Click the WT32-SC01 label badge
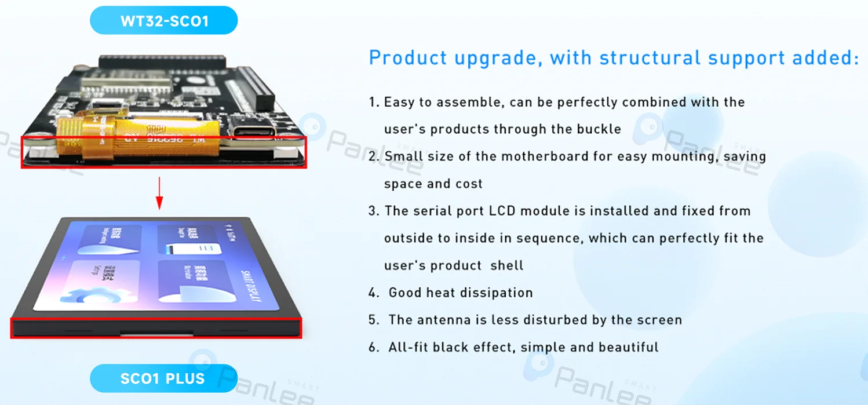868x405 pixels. pyautogui.click(x=164, y=21)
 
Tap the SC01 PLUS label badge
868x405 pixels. pyautogui.click(x=163, y=379)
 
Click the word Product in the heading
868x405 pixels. pyautogui.click(x=408, y=58)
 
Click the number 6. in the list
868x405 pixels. pyautogui.click(x=374, y=348)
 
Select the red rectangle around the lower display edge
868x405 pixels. pyautogui.click(x=156, y=328)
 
